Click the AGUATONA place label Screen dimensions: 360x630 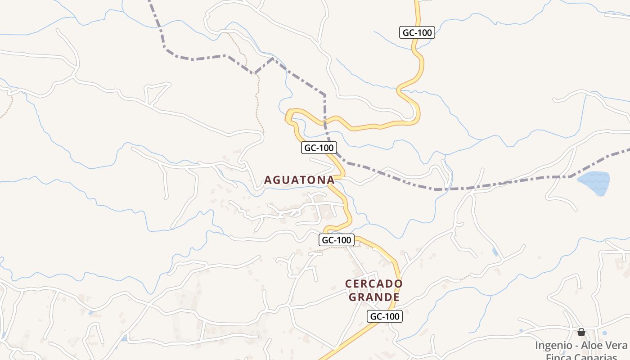[299, 180]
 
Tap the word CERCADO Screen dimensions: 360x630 [373, 284]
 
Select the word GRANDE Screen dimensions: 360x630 [374, 297]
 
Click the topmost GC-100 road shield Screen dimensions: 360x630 [417, 32]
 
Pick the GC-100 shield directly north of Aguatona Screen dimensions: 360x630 [319, 148]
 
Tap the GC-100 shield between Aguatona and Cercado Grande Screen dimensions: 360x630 [337, 240]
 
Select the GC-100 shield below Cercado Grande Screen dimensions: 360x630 [384, 316]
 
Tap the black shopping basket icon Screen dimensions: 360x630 [581, 333]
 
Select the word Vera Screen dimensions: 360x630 [616, 346]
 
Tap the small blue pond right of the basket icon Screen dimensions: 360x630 [604, 333]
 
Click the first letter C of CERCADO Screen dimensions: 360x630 [349, 284]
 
